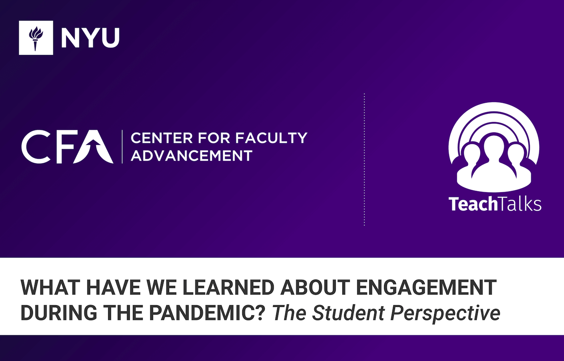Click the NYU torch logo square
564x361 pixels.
[x=36, y=38]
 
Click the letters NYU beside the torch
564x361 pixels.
[x=90, y=38]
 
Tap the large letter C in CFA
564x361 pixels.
[x=36, y=146]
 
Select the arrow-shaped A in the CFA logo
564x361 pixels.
[x=96, y=147]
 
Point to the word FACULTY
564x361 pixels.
[x=271, y=138]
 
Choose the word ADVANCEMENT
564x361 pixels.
[x=191, y=156]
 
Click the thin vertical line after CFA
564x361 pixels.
[x=122, y=147]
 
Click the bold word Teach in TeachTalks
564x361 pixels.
[x=473, y=204]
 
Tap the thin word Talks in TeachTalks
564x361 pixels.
[x=520, y=204]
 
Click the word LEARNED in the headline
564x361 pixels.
[x=228, y=287]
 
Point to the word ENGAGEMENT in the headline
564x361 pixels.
[x=426, y=287]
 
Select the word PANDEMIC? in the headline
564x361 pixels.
[x=207, y=313]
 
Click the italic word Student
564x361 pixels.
[x=348, y=313]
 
